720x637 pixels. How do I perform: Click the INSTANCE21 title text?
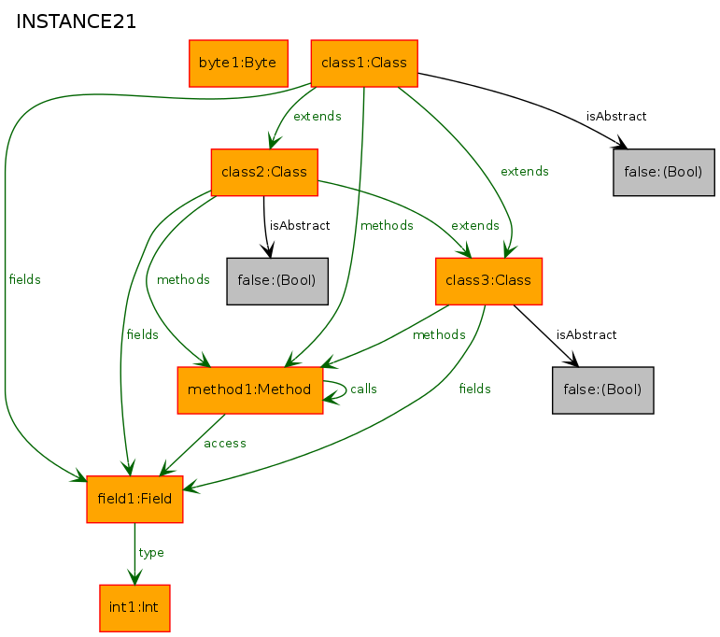click(77, 21)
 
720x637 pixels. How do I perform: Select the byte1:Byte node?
click(238, 63)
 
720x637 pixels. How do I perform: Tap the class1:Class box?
click(364, 63)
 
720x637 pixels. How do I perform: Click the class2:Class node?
click(264, 172)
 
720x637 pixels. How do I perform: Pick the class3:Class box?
click(488, 280)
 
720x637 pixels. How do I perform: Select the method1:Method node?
click(249, 389)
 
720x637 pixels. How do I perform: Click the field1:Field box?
click(134, 499)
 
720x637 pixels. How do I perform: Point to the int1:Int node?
click(134, 608)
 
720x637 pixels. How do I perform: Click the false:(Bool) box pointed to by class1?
click(664, 172)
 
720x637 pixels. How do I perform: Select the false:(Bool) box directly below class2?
click(277, 280)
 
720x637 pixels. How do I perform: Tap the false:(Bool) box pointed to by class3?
click(602, 389)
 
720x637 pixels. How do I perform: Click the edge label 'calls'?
click(363, 389)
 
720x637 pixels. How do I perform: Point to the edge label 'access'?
click(225, 444)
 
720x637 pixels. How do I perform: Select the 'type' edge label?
click(151, 553)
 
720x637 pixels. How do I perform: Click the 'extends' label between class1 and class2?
click(318, 116)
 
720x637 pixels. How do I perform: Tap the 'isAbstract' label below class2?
click(300, 225)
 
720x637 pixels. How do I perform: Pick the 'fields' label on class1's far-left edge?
click(25, 279)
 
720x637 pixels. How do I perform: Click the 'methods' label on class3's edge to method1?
click(439, 334)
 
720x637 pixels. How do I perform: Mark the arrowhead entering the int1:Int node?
click(135, 577)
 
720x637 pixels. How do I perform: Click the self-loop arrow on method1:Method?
click(346, 389)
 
